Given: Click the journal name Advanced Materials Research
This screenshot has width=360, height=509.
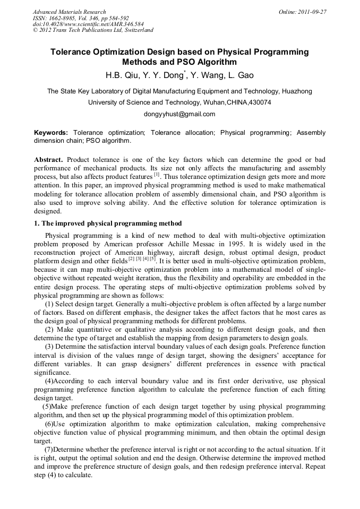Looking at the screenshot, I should [x=70, y=12].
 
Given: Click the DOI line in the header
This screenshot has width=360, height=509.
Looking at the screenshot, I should [x=88, y=24].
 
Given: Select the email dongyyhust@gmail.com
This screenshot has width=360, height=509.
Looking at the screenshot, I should [x=179, y=114].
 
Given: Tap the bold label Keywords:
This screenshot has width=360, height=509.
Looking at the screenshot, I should [x=51, y=132].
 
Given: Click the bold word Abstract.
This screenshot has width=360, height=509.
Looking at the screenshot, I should [x=49, y=160].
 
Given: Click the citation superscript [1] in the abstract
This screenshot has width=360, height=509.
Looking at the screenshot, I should [x=157, y=175].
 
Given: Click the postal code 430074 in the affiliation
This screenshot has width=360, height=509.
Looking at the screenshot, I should [x=261, y=102].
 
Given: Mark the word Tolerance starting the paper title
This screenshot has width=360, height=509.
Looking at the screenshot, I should [x=72, y=52].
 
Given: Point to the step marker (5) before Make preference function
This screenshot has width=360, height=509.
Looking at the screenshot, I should [x=47, y=407].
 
